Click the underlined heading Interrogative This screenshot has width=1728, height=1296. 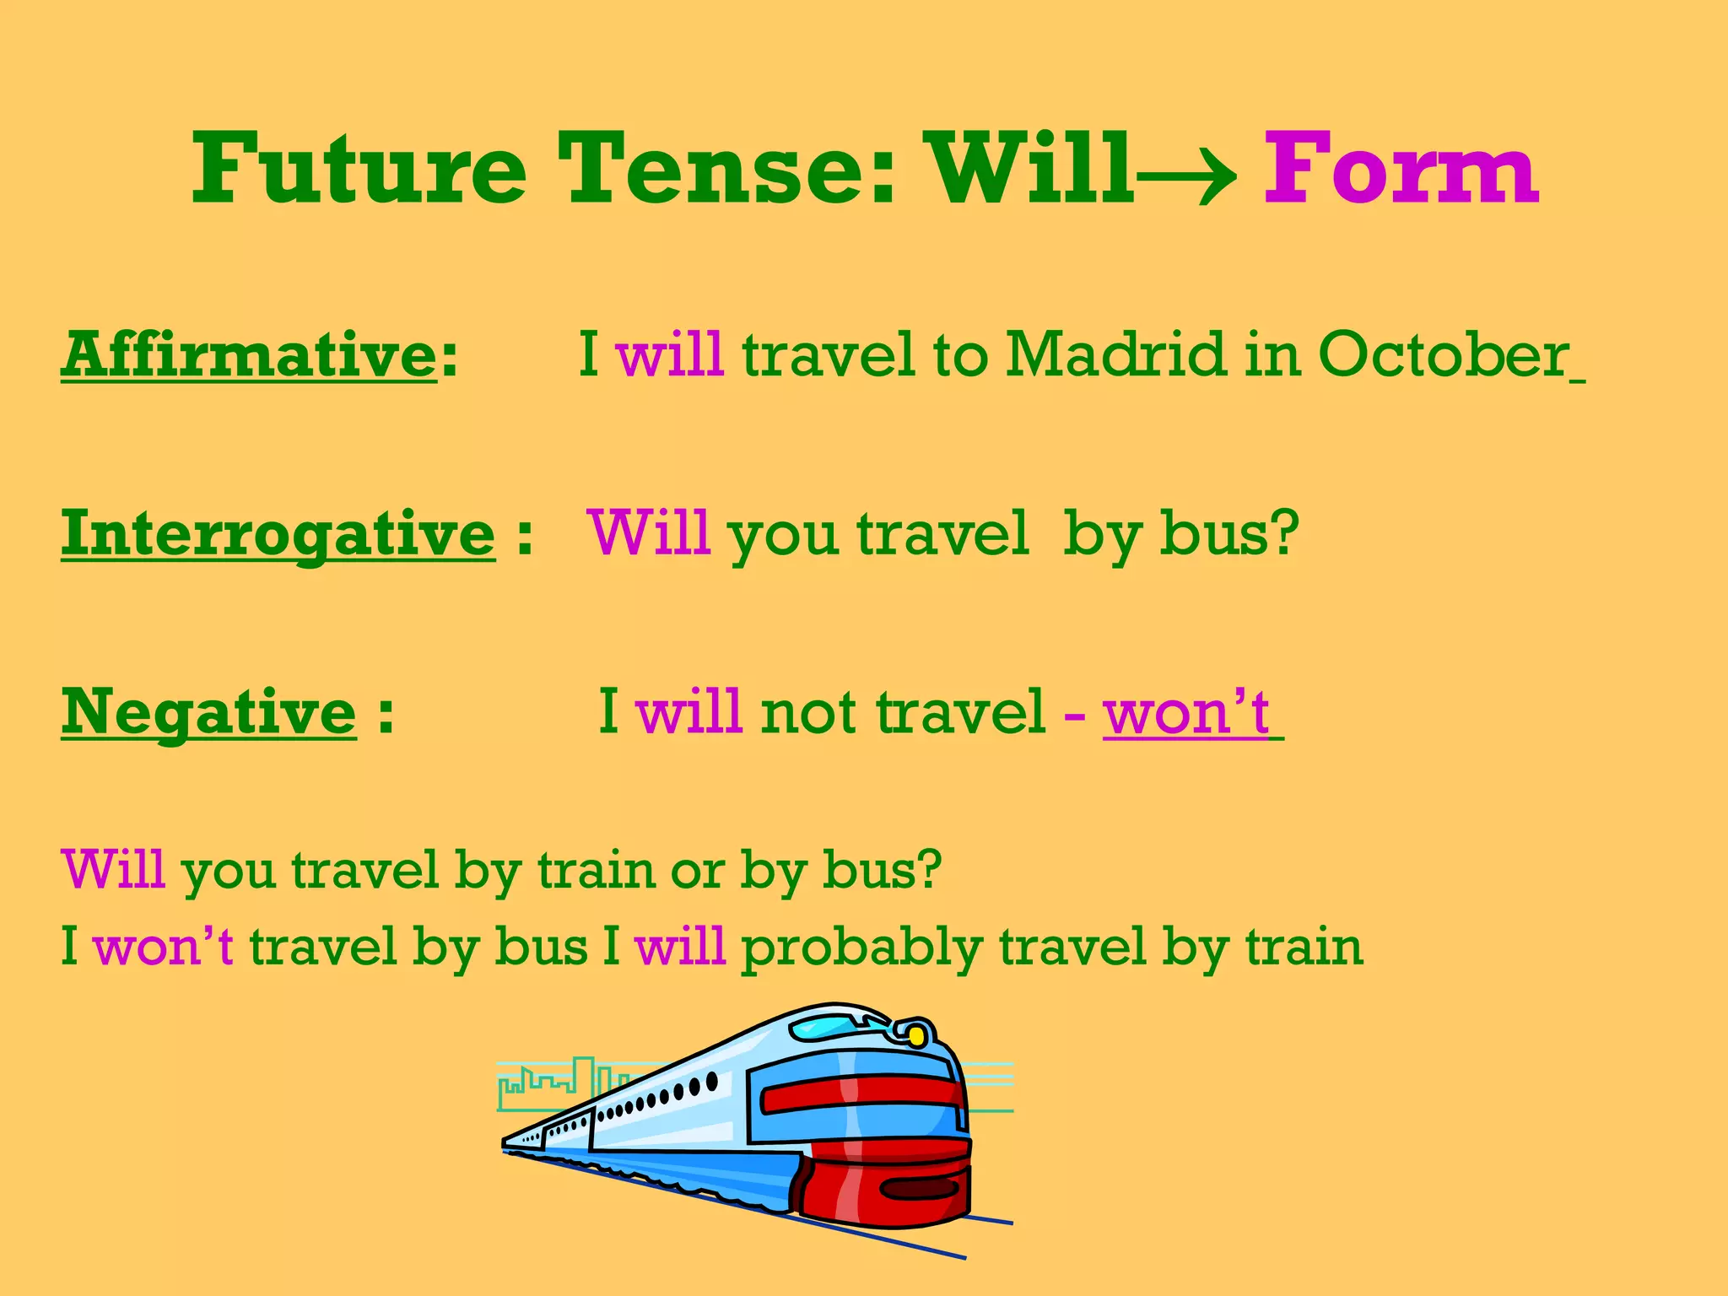tap(278, 533)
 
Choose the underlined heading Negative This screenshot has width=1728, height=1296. tap(209, 713)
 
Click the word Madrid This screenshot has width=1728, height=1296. tap(1115, 354)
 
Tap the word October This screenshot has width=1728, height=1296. tap(1443, 354)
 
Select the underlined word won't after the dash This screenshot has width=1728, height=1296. tap(1186, 713)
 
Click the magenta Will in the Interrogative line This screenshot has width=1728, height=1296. tap(649, 533)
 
